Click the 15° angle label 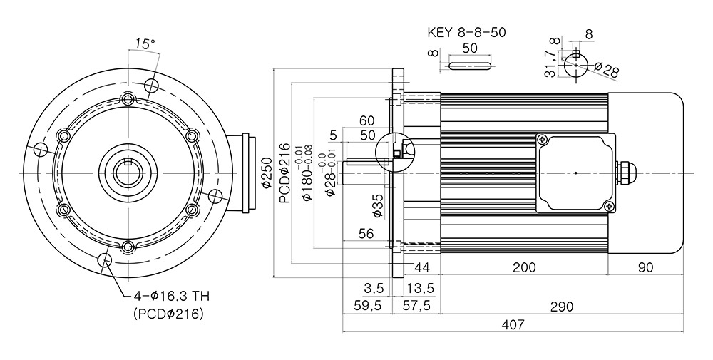pyautogui.click(x=145, y=43)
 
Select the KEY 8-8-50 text pyautogui.click(x=466, y=32)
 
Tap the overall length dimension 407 pyautogui.click(x=513, y=324)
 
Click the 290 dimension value pyautogui.click(x=561, y=307)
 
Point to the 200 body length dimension pyautogui.click(x=524, y=267)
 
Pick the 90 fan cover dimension pyautogui.click(x=645, y=267)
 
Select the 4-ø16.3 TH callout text pyautogui.click(x=171, y=297)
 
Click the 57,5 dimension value pyautogui.click(x=416, y=305)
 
